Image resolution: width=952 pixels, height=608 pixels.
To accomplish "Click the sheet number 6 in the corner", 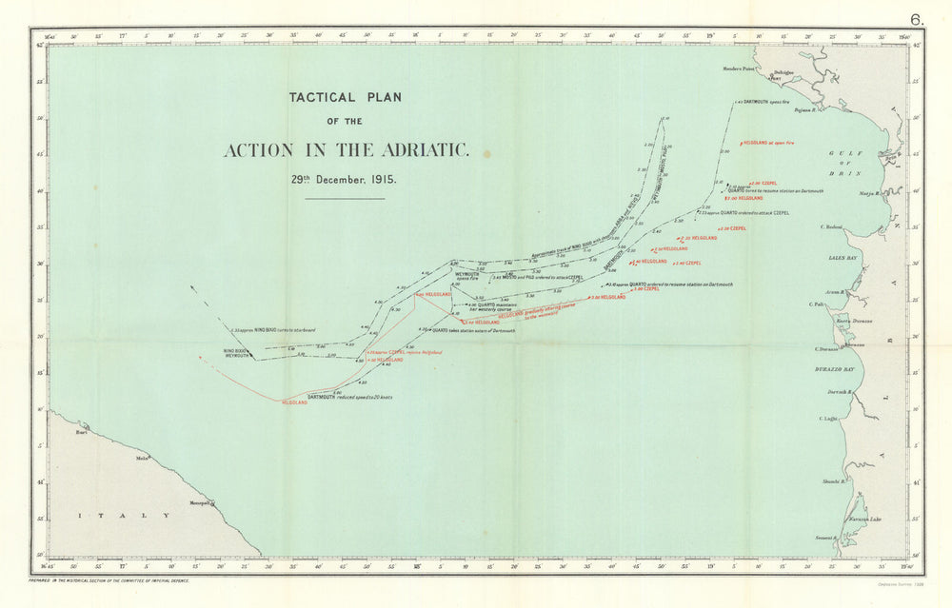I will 916,18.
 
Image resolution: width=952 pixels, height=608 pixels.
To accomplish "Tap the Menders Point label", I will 738,69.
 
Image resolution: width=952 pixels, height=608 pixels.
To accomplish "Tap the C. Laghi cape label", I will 827,419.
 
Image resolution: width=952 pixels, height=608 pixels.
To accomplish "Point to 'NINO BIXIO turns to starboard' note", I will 264,328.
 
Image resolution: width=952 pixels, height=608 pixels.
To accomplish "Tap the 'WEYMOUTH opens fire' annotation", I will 467,276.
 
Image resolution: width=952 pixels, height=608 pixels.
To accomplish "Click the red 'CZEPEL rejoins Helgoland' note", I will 406,352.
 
